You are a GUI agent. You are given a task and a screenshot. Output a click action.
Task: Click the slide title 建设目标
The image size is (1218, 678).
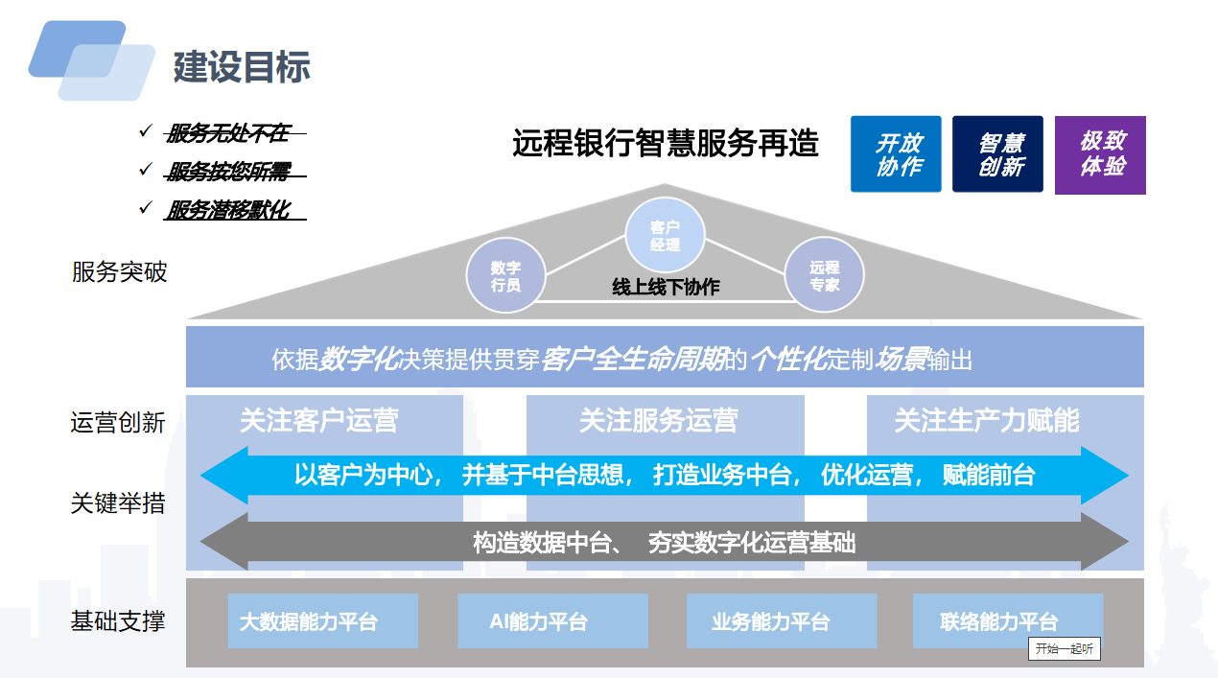coord(242,67)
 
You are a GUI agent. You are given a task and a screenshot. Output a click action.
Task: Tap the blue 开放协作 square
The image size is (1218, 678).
coord(896,153)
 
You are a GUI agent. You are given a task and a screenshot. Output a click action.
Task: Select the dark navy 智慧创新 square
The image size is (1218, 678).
coord(997,153)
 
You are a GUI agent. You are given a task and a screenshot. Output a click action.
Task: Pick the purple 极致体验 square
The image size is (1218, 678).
coord(1100,155)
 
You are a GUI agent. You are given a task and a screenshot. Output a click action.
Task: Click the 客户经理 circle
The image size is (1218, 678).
coord(665,235)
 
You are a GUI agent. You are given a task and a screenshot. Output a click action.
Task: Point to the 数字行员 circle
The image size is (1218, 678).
coord(505,275)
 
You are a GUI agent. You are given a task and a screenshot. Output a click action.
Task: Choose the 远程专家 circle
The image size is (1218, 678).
coord(825,275)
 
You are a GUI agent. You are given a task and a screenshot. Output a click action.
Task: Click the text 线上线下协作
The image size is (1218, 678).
coord(666,287)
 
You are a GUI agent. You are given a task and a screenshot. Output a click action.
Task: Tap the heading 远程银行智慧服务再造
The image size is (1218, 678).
coord(665,144)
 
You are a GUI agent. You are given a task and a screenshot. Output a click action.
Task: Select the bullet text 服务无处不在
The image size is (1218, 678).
coord(228,133)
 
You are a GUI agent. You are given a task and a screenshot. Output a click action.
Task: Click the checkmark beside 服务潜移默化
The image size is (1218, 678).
coord(145,207)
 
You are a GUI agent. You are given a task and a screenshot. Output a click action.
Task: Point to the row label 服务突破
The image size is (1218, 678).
coord(119,271)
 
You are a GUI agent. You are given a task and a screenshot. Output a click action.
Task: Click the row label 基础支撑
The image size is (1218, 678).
coord(117,620)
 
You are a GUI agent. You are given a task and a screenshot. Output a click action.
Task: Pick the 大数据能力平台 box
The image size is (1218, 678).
coord(323,620)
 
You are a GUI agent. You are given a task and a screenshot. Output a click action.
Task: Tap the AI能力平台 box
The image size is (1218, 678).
coord(552,620)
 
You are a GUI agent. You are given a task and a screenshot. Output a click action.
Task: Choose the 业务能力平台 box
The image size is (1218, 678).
coord(782,620)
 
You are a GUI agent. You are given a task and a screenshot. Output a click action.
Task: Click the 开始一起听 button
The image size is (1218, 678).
coord(1065,648)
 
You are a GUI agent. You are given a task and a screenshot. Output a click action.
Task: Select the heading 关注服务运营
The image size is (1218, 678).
coord(659,420)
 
